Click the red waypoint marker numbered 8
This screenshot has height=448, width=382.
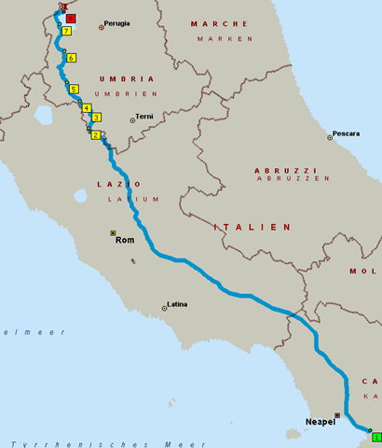pyautogui.click(x=73, y=19)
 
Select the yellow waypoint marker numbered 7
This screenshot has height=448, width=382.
pyautogui.click(x=66, y=31)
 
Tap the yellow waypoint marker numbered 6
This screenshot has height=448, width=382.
pyautogui.click(x=71, y=58)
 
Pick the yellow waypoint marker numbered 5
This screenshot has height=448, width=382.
pyautogui.click(x=74, y=89)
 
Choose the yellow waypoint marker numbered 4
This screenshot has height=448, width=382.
pyautogui.click(x=87, y=108)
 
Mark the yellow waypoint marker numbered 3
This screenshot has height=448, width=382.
pyautogui.click(x=96, y=118)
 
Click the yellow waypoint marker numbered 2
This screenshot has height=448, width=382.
pyautogui.click(x=95, y=135)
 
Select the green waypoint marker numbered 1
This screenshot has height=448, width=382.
pyautogui.click(x=375, y=436)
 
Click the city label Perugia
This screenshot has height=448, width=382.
pyautogui.click(x=117, y=23)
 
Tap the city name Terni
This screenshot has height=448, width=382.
pyautogui.click(x=144, y=117)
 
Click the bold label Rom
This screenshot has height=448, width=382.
pyautogui.click(x=125, y=240)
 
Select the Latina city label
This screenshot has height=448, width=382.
pyautogui.click(x=177, y=303)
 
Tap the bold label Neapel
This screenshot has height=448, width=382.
pyautogui.click(x=320, y=422)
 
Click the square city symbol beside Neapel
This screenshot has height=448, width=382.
pyautogui.click(x=337, y=415)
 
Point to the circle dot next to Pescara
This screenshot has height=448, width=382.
pyautogui.click(x=330, y=137)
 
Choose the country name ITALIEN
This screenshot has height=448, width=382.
pyautogui.click(x=252, y=227)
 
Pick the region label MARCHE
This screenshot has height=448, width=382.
pyautogui.click(x=220, y=23)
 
